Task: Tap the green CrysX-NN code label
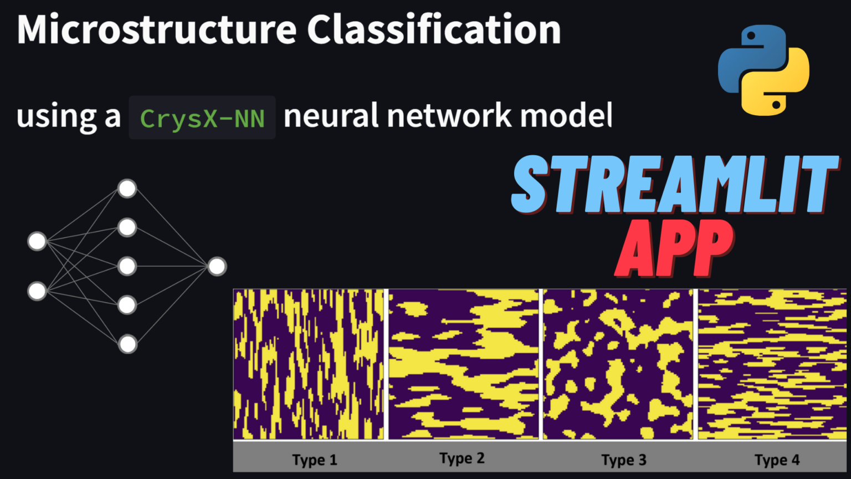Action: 202,118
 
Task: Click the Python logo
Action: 763,70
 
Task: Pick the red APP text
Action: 675,248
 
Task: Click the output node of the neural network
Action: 217,267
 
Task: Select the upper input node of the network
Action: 37,241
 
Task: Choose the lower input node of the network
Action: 37,291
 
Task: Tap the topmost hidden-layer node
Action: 127,188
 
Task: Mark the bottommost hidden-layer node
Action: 127,344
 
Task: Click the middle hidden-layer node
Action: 127,266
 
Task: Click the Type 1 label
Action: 315,460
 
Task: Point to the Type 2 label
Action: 462,458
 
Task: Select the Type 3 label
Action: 624,460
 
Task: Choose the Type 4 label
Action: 777,460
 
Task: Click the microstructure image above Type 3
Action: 618,364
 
